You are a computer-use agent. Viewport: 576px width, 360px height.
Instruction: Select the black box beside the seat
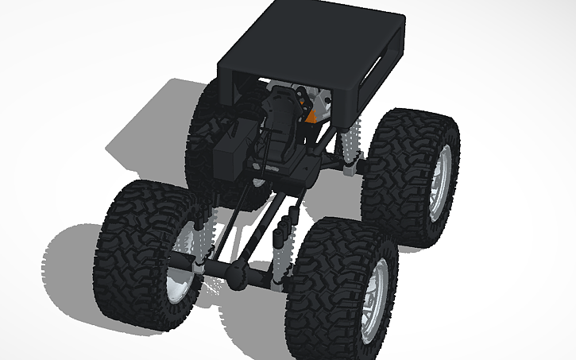[234, 151]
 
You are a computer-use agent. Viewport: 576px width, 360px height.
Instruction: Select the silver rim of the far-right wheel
[439, 183]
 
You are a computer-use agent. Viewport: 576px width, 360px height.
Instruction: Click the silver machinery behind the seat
[322, 99]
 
